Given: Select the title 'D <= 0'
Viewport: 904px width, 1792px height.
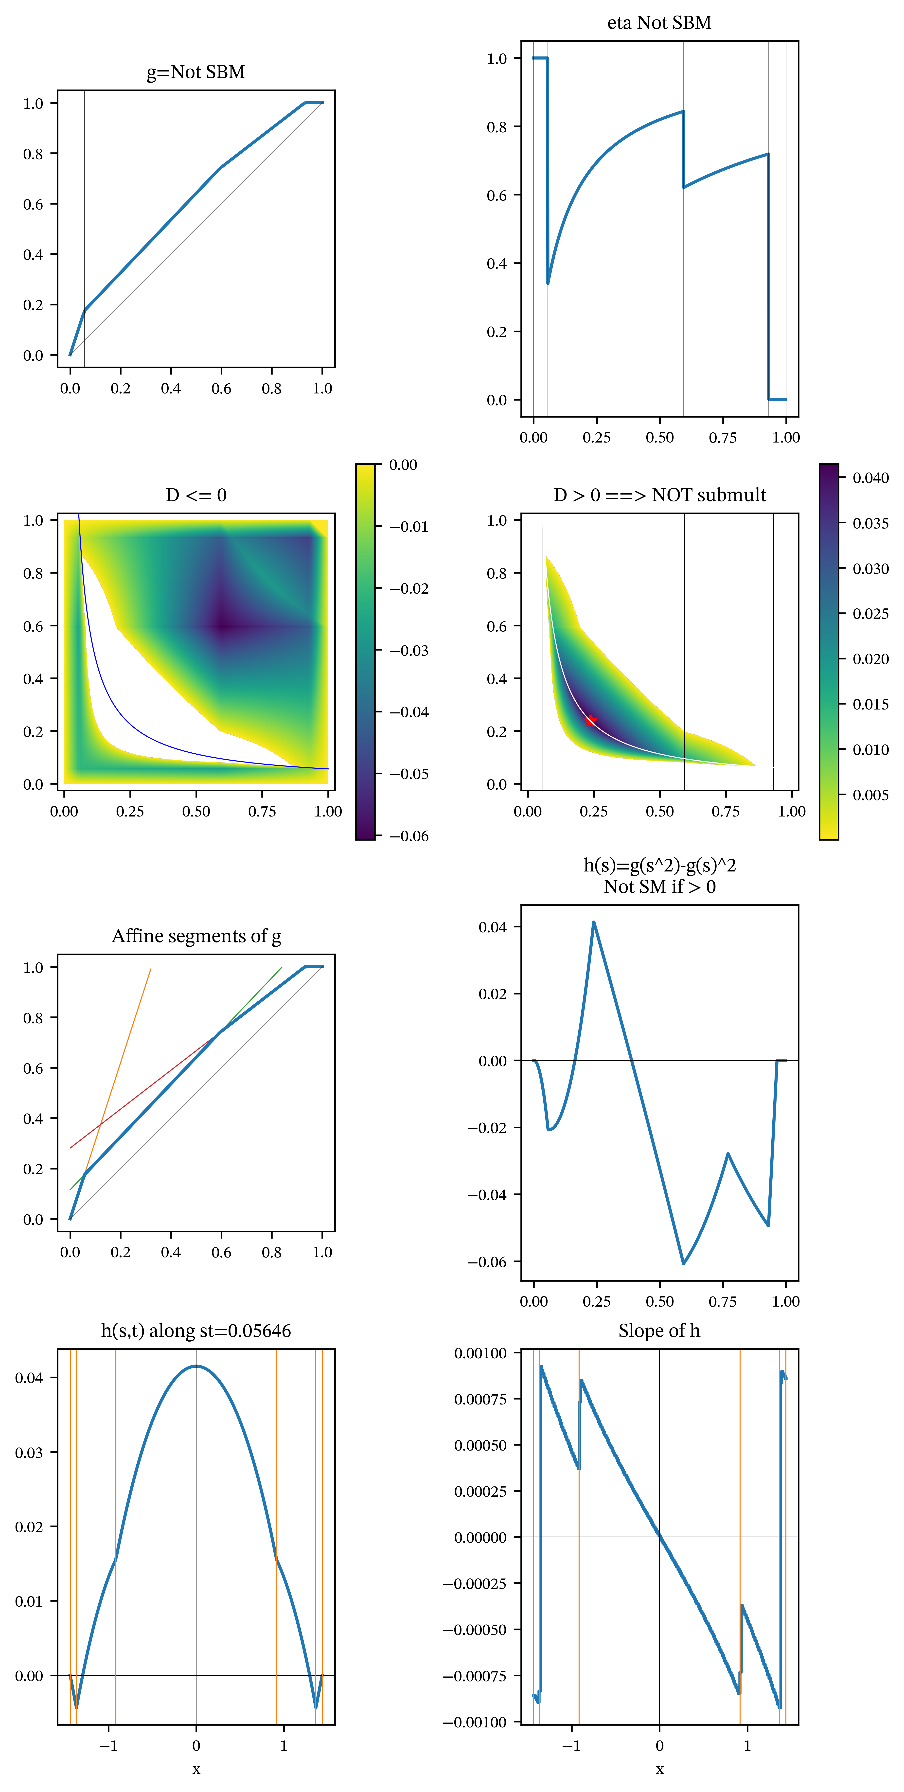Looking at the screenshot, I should click(x=196, y=495).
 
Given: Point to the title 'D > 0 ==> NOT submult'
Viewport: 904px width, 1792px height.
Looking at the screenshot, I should click(x=659, y=495).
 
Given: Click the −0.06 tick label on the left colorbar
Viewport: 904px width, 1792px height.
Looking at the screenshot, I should click(x=409, y=836).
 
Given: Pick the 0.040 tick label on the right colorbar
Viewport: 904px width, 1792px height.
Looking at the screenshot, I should click(x=871, y=478).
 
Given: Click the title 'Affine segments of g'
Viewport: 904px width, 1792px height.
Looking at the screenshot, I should click(x=196, y=936).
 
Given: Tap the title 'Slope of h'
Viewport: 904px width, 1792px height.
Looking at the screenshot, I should click(x=659, y=1331).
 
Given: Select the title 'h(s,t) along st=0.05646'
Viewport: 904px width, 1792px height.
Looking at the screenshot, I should click(x=196, y=1331).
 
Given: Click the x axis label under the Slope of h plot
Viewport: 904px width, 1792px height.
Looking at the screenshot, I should click(x=659, y=1769).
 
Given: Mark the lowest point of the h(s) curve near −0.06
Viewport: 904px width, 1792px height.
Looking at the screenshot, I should click(x=684, y=1263).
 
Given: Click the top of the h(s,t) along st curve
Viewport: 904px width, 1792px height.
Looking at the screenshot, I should click(x=196, y=1366).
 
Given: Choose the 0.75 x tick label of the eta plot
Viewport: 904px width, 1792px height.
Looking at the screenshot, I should click(x=723, y=438).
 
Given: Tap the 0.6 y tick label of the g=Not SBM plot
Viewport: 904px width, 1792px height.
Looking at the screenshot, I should click(x=33, y=205).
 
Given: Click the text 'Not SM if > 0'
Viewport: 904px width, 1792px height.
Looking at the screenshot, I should click(x=659, y=887).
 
